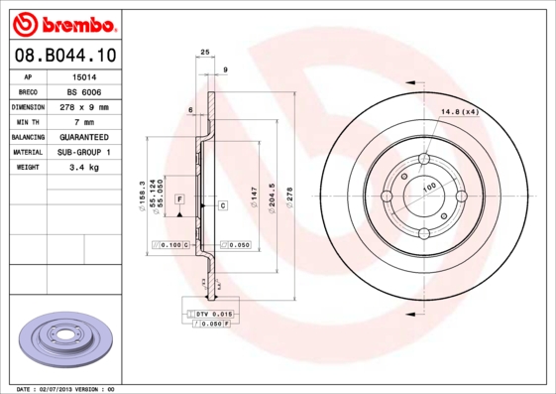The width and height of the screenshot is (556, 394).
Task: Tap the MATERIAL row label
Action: click(27, 152)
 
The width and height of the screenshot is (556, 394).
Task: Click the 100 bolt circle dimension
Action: click(430, 187)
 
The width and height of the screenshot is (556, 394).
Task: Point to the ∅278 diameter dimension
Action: click(289, 195)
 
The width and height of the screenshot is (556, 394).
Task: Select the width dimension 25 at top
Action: click(204, 52)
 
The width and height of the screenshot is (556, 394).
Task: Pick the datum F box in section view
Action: click(179, 199)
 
